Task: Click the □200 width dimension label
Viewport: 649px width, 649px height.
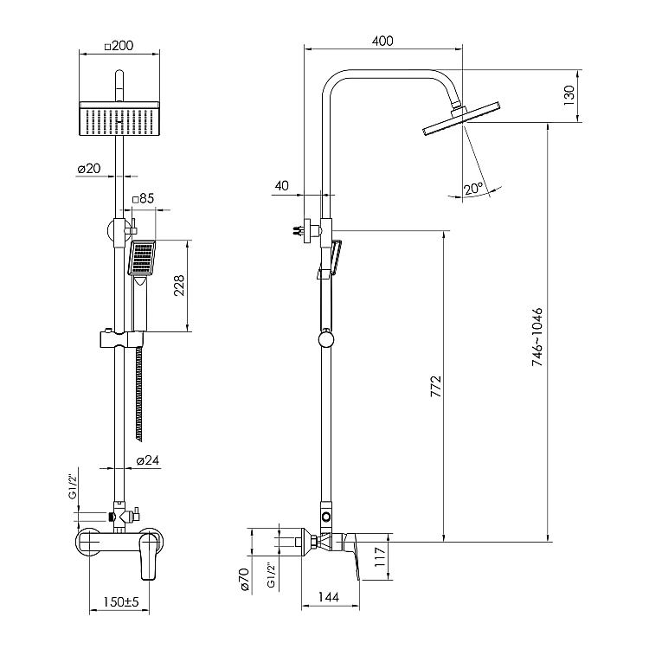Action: tap(119, 46)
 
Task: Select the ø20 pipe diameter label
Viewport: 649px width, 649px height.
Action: tap(89, 169)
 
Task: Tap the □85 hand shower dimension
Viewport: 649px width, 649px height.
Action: tap(143, 199)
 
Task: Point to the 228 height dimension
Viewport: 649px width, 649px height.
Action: tap(179, 286)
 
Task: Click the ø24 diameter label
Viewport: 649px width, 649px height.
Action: tap(147, 460)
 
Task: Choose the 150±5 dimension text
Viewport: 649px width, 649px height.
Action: tap(121, 601)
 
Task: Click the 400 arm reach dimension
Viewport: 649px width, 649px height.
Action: tap(382, 41)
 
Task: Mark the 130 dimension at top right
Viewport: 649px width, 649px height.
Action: tap(569, 95)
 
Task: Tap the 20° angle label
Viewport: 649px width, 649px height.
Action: tap(473, 189)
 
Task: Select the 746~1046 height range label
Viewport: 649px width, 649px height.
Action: tap(537, 337)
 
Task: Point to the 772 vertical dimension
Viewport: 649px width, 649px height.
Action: tap(436, 387)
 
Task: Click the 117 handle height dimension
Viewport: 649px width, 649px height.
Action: tap(380, 556)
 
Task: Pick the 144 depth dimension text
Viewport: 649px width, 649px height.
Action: tap(329, 597)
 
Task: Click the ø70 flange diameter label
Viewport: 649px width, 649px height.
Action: tap(244, 580)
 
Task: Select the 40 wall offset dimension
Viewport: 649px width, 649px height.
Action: tap(281, 185)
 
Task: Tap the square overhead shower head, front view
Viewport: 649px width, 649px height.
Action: tap(119, 119)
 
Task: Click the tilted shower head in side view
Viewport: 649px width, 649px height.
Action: tap(461, 119)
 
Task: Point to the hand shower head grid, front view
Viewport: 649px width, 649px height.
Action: tap(142, 258)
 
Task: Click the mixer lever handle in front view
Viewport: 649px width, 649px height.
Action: tap(149, 556)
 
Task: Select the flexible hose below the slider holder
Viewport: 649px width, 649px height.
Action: tap(139, 393)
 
